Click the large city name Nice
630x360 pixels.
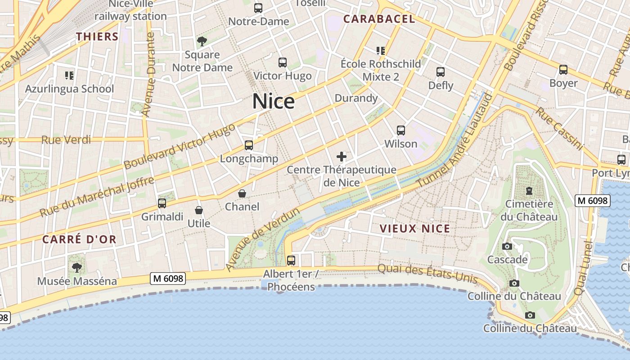273,101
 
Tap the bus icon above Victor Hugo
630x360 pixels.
283,63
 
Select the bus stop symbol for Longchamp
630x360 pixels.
249,145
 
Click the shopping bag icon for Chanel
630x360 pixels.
242,193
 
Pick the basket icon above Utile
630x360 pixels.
198,210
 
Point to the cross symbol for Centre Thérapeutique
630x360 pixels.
342,157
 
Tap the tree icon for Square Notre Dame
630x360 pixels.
202,41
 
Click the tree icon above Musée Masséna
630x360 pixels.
77,268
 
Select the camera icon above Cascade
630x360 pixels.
507,246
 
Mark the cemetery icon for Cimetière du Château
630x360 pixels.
529,191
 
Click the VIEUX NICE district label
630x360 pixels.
414,229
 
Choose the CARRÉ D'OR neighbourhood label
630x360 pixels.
79,239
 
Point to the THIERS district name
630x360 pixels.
97,36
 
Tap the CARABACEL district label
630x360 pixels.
379,19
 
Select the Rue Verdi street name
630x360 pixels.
66,140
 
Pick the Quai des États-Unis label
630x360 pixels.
427,273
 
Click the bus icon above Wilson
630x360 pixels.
401,130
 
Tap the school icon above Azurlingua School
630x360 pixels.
69,75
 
